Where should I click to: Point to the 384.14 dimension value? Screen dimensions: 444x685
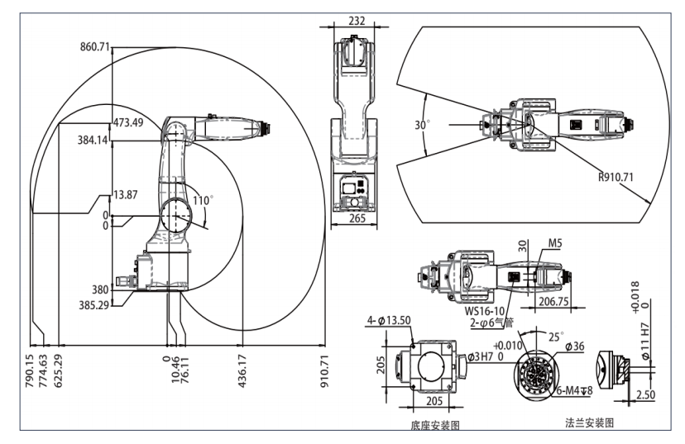pyautogui.click(x=91, y=141)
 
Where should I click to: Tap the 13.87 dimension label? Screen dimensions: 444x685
pyautogui.click(x=125, y=194)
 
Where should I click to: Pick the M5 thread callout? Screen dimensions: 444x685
pyautogui.click(x=555, y=244)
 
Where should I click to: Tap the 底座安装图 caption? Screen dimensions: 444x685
pyautogui.click(x=434, y=425)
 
